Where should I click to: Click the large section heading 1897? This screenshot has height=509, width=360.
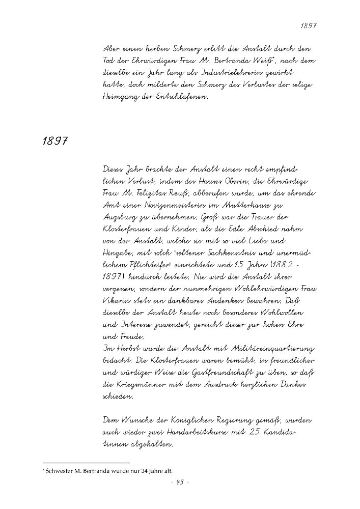56,140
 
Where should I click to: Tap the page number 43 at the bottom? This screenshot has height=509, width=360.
180,483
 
